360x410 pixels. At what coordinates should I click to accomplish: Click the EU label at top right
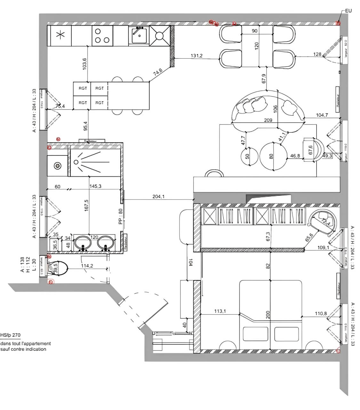click(x=348, y=11)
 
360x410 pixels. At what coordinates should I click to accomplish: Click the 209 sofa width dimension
click(x=268, y=120)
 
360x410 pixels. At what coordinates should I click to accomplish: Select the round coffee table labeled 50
click(x=249, y=156)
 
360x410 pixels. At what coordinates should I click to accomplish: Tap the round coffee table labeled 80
click(x=273, y=156)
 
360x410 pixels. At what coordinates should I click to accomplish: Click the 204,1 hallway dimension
click(x=158, y=197)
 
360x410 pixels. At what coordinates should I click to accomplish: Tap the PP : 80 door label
click(x=121, y=216)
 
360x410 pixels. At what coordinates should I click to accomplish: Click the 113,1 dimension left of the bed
click(x=220, y=311)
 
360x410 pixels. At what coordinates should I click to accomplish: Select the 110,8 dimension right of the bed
click(x=320, y=314)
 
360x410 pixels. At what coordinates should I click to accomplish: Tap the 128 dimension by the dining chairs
click(x=317, y=54)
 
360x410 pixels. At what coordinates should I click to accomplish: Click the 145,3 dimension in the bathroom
click(x=96, y=186)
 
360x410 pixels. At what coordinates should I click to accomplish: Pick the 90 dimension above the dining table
click(x=255, y=31)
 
